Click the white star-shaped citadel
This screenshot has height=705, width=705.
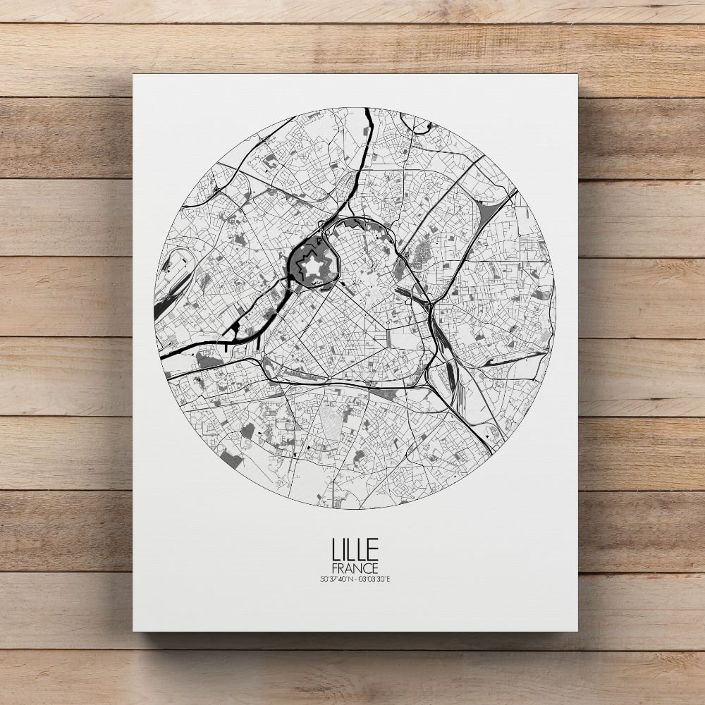point(309,268)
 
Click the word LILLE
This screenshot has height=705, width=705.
point(355,549)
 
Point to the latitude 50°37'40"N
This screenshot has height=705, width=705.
point(335,580)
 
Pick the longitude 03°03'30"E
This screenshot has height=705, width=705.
point(374,580)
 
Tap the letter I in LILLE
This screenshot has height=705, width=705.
point(341,549)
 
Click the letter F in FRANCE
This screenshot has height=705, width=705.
point(333,568)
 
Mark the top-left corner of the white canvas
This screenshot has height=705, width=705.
point(134,75)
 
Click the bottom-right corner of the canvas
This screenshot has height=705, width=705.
point(577,630)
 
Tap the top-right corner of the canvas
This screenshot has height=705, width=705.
point(577,75)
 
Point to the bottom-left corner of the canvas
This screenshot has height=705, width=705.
point(134,630)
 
